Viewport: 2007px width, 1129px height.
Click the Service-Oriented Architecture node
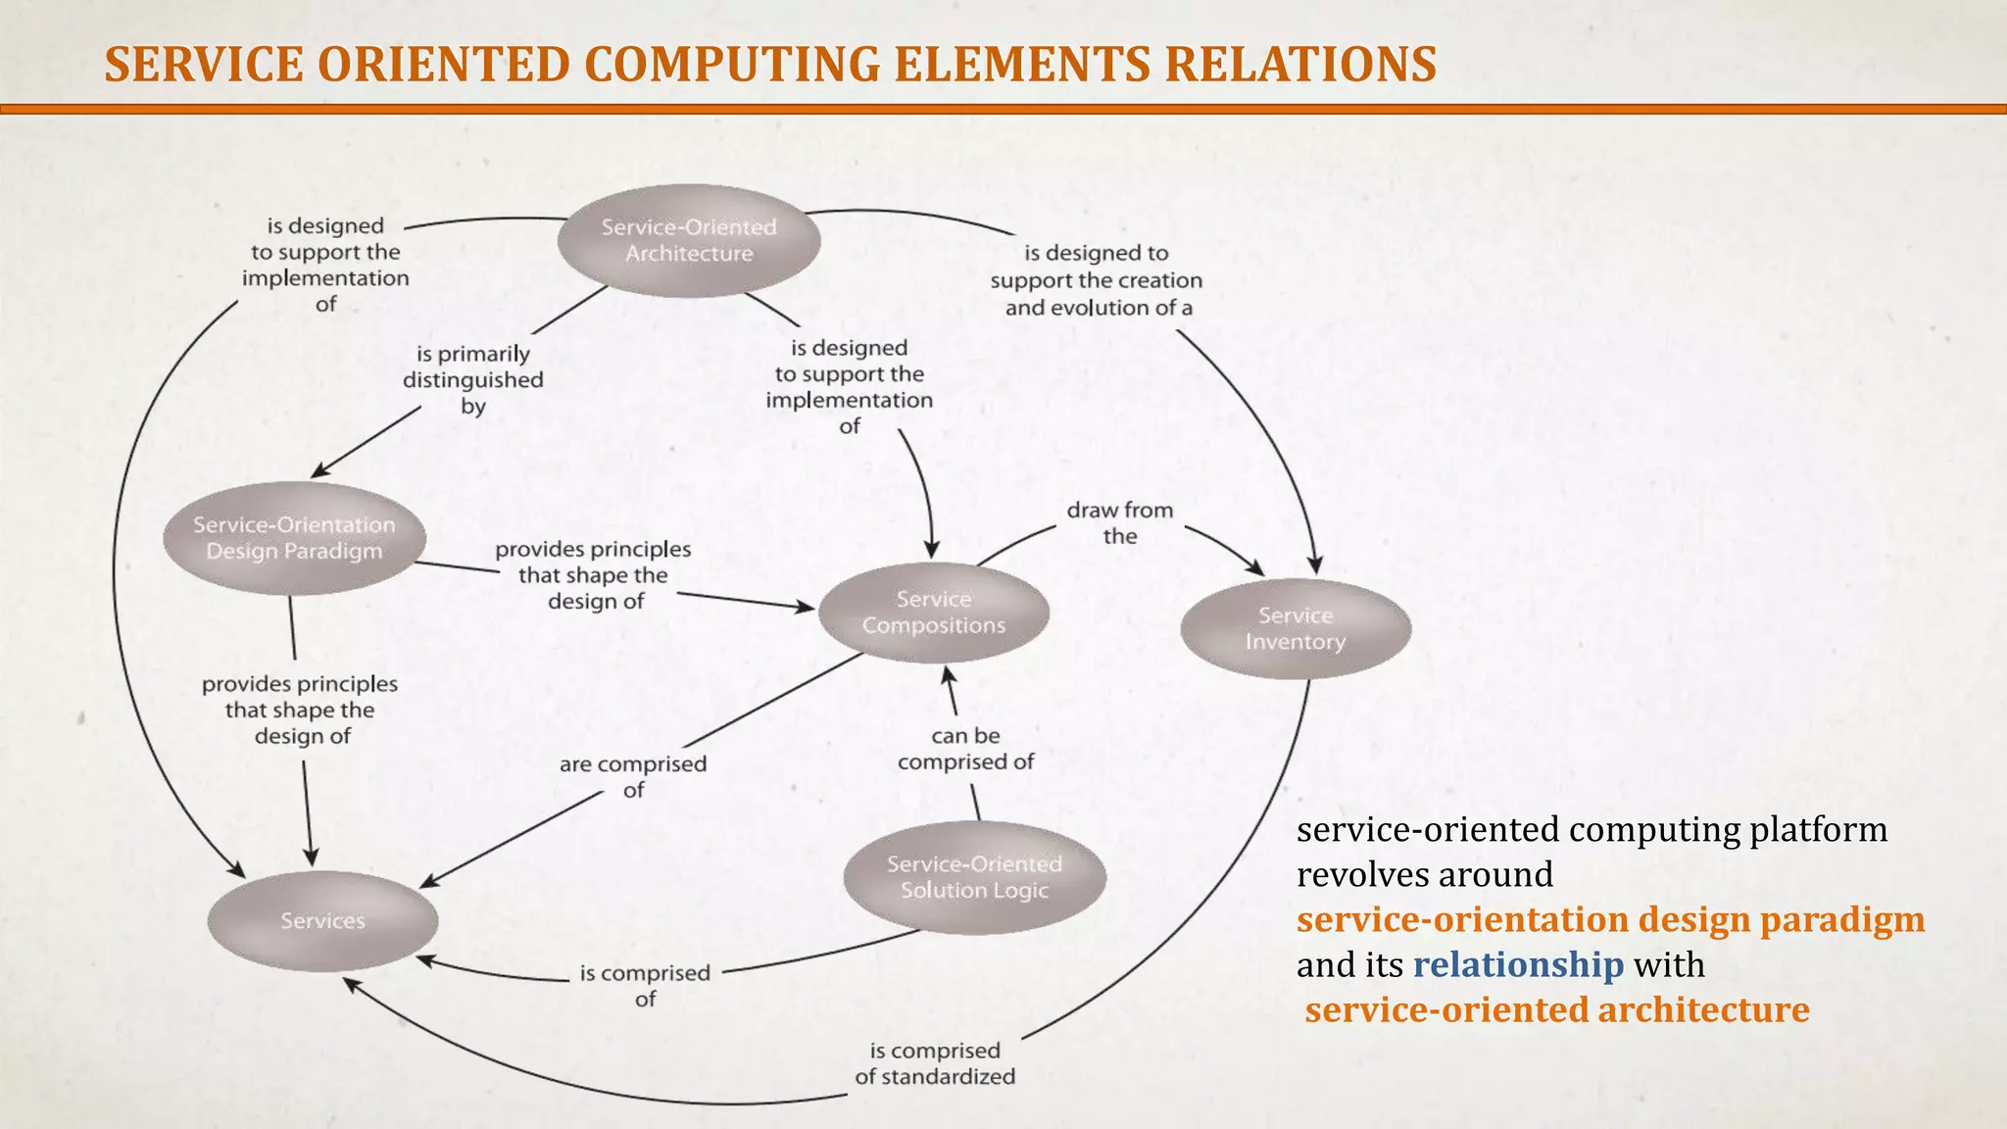pyautogui.click(x=688, y=241)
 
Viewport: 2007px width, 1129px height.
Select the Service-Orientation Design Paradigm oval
pyautogui.click(x=294, y=538)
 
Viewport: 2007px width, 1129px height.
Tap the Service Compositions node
pyautogui.click(x=933, y=613)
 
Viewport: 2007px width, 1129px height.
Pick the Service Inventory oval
pyautogui.click(x=1295, y=629)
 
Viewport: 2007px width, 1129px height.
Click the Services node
pyautogui.click(x=322, y=921)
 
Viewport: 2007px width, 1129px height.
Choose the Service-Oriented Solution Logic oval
pyautogui.click(x=974, y=877)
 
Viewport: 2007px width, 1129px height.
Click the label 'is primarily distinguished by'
pyautogui.click(x=472, y=380)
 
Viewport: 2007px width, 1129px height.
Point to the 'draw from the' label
pyautogui.click(x=1119, y=523)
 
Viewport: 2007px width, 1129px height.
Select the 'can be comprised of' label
pyautogui.click(x=965, y=749)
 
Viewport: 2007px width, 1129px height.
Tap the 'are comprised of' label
pyautogui.click(x=633, y=776)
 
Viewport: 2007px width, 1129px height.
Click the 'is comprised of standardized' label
pyautogui.click(x=934, y=1063)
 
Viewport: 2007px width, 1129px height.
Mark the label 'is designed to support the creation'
pyautogui.click(x=1096, y=280)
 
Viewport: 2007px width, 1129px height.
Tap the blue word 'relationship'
pyautogui.click(x=1517, y=965)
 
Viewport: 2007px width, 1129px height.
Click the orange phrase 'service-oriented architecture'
pyautogui.click(x=1557, y=1010)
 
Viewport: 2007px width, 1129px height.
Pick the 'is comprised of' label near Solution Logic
pyautogui.click(x=645, y=985)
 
